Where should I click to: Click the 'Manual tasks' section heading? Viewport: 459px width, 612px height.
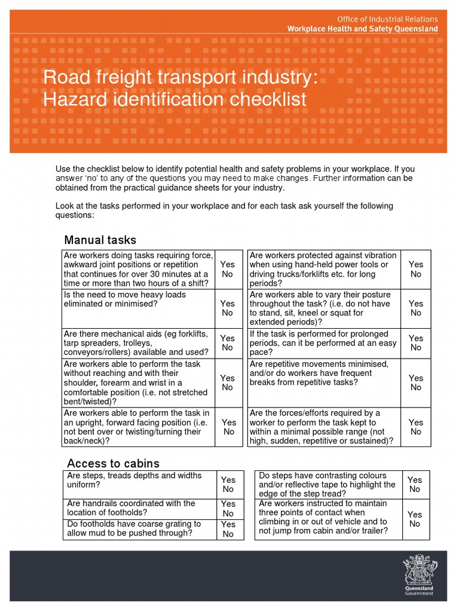click(x=100, y=240)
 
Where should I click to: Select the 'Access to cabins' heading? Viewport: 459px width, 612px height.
click(x=113, y=463)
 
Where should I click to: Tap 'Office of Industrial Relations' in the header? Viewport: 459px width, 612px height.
click(x=387, y=19)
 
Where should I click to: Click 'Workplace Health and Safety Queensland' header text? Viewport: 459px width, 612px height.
click(x=362, y=29)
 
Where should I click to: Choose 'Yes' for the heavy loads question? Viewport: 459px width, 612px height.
click(x=227, y=304)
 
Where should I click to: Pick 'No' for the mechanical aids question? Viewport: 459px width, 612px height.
click(x=227, y=347)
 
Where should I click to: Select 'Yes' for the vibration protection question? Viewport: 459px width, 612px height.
click(x=415, y=264)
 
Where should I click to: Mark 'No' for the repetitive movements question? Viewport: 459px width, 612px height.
click(x=415, y=387)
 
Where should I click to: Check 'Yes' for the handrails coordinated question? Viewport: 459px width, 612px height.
click(x=228, y=504)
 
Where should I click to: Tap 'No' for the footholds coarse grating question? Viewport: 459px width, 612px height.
click(x=228, y=534)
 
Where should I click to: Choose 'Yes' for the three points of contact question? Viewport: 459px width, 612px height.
click(x=414, y=515)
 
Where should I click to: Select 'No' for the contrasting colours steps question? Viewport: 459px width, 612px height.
click(x=414, y=489)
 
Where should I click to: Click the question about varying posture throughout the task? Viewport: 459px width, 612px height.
click(x=322, y=308)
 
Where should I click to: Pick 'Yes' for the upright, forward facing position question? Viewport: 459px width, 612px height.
click(x=229, y=422)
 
